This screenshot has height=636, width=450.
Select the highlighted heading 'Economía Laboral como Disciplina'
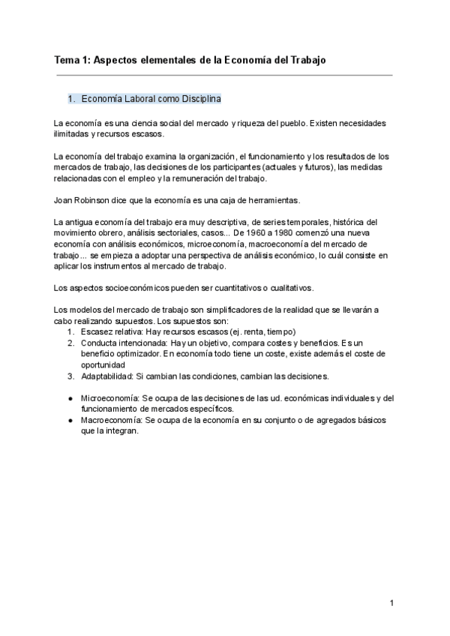coord(150,98)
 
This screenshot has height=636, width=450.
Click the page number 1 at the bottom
coord(391,603)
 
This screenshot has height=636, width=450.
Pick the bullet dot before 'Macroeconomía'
coord(70,421)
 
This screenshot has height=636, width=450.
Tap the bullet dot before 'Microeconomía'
coord(70,398)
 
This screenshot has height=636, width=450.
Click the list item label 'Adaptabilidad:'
coord(107,376)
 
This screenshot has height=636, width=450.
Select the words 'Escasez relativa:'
coord(112,331)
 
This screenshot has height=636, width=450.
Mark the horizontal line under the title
coord(223,75)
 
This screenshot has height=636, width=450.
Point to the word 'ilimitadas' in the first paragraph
coord(73,134)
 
